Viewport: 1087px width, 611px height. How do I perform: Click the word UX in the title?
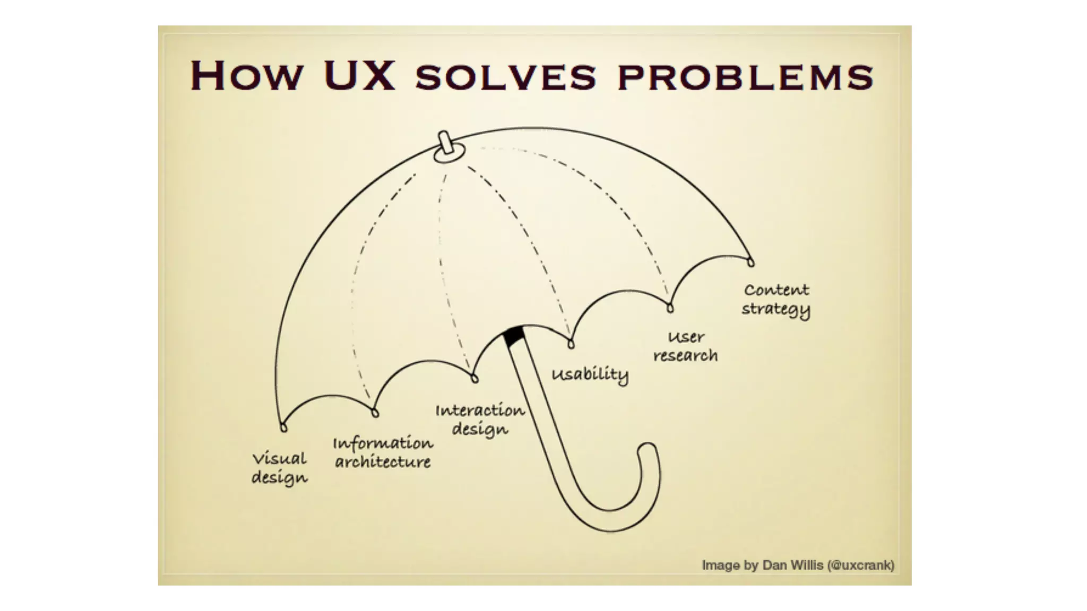point(359,76)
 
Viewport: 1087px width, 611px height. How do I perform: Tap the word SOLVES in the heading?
point(506,77)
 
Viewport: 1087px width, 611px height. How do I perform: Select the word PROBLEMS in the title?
point(745,77)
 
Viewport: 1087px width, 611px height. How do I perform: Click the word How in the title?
point(246,76)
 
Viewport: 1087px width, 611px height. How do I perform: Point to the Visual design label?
point(279,468)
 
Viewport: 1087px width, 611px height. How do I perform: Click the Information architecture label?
point(383,452)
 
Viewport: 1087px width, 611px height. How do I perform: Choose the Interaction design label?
point(480,420)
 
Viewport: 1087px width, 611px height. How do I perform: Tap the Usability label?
point(590,374)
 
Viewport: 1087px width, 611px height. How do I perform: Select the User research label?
point(685,346)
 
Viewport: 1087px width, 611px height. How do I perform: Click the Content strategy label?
point(776,300)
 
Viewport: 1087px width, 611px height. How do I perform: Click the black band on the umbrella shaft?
point(513,337)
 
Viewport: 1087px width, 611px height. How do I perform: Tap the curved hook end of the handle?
point(648,451)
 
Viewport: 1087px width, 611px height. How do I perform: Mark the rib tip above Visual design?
point(283,427)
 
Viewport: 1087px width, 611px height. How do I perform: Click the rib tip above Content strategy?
point(750,261)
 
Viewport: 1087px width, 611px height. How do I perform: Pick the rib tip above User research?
point(670,308)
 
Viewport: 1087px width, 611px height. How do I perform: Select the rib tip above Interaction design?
point(475,378)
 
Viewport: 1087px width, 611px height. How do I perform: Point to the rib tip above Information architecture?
point(375,413)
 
